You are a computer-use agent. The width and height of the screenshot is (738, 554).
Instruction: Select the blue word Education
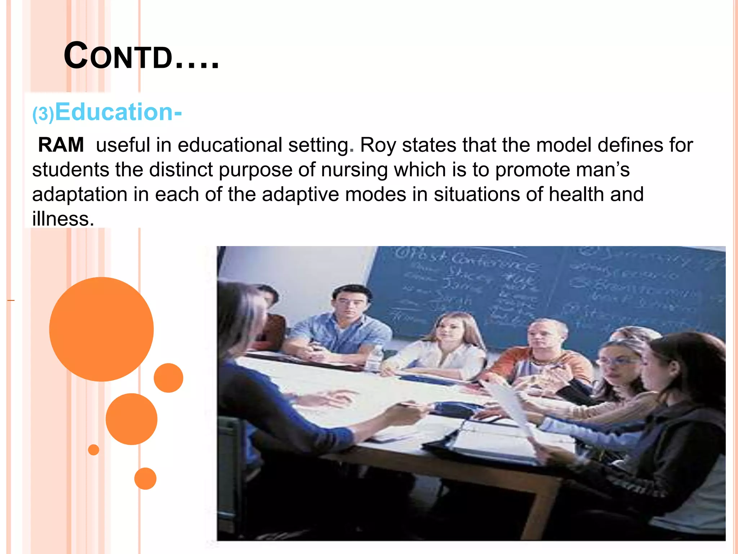pyautogui.click(x=115, y=112)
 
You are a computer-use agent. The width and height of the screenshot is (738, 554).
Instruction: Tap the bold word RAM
pyautogui.click(x=61, y=145)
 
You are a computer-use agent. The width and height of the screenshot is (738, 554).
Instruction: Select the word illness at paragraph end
pyautogui.click(x=63, y=219)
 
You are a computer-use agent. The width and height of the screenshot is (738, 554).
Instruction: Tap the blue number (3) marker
pyautogui.click(x=43, y=114)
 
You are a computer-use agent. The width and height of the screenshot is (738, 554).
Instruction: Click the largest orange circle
pyautogui.click(x=101, y=329)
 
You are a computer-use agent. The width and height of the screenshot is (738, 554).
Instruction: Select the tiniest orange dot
pyautogui.click(x=93, y=450)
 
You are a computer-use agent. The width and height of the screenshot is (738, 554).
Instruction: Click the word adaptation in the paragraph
pyautogui.click(x=80, y=194)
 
